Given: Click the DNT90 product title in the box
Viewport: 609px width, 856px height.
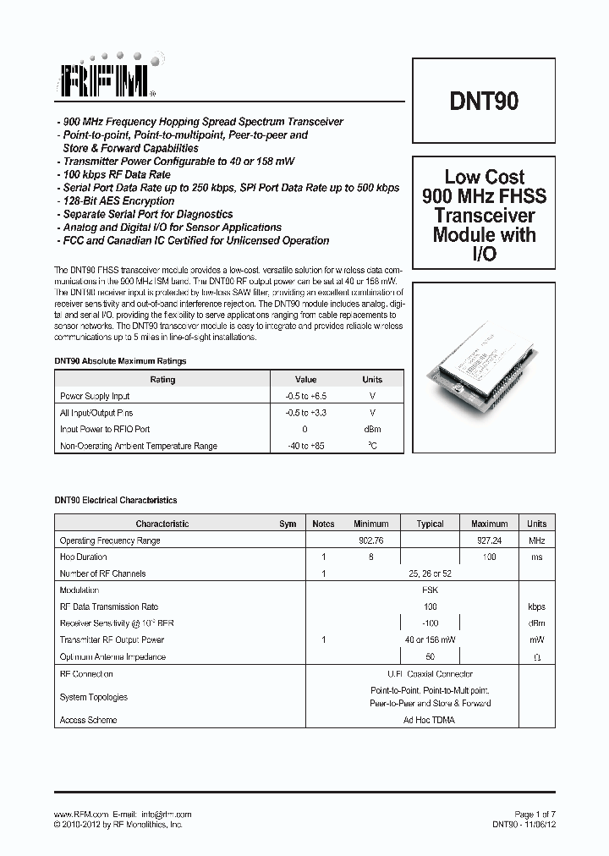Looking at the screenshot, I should click(484, 102).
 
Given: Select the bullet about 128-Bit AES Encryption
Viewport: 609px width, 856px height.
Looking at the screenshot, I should click(114, 201).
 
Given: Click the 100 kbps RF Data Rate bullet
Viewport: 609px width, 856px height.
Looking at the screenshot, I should click(112, 175).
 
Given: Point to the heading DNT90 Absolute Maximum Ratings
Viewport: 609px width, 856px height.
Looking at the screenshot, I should click(120, 361).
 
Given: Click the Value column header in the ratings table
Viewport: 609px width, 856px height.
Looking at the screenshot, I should click(305, 380).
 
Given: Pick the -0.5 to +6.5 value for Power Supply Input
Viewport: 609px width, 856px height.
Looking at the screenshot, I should click(305, 396).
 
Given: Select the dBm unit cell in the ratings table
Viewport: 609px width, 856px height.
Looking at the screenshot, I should click(372, 429).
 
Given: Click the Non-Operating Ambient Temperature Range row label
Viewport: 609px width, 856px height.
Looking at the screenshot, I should click(139, 446).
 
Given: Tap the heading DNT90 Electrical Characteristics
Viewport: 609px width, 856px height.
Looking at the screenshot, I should click(116, 501).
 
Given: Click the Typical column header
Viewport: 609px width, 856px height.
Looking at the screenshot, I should click(430, 524).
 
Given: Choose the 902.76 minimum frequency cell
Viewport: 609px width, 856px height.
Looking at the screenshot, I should click(370, 540).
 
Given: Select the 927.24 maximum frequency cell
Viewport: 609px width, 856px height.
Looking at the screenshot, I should click(489, 540).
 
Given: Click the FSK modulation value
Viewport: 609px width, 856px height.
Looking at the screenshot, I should click(430, 590).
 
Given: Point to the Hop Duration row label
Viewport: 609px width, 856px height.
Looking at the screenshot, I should click(83, 557).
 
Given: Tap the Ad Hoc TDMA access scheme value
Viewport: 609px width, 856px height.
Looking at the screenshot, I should click(430, 721).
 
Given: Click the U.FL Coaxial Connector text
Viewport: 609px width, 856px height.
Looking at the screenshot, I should click(430, 674).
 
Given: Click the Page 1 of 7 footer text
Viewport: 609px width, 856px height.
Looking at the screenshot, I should click(535, 814).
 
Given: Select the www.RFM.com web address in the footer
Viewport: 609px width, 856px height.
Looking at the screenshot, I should click(81, 814).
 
